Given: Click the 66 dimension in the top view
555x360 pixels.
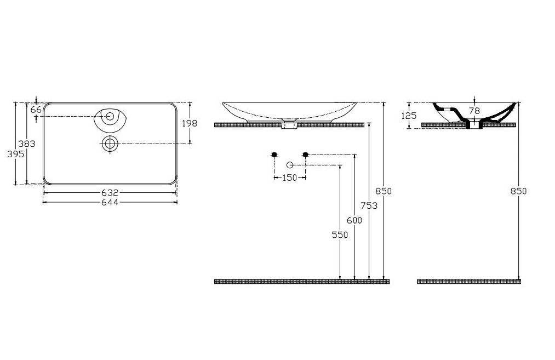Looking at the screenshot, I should pos(36,110).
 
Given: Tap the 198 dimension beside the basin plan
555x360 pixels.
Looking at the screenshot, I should pos(190,123).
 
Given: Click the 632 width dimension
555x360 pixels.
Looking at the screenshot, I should pos(110,193).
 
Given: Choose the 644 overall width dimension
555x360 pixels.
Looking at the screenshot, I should pos(110,202).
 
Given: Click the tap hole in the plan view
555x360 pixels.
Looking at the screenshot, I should pos(110,116).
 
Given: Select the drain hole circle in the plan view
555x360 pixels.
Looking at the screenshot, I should pos(110,144).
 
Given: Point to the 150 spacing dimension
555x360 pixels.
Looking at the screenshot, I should pos(289,178).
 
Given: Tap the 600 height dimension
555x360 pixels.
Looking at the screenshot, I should pos(355,220).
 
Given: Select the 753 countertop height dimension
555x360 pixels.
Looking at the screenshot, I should pos(370,205).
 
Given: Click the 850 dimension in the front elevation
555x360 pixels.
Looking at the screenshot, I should pos(384,191).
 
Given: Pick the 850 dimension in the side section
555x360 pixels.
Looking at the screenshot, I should pos(518,191).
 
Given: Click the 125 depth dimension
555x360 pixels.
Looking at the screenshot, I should pos(409,116).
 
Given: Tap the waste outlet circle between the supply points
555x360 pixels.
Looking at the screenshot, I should pos(290,164).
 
